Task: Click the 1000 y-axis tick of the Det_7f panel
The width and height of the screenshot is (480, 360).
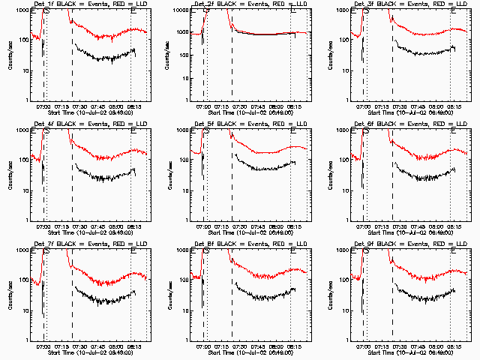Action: point(22,250)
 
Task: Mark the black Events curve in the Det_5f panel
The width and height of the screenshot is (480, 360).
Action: point(262,166)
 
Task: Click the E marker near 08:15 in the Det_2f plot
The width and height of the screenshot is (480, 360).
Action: point(293,11)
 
